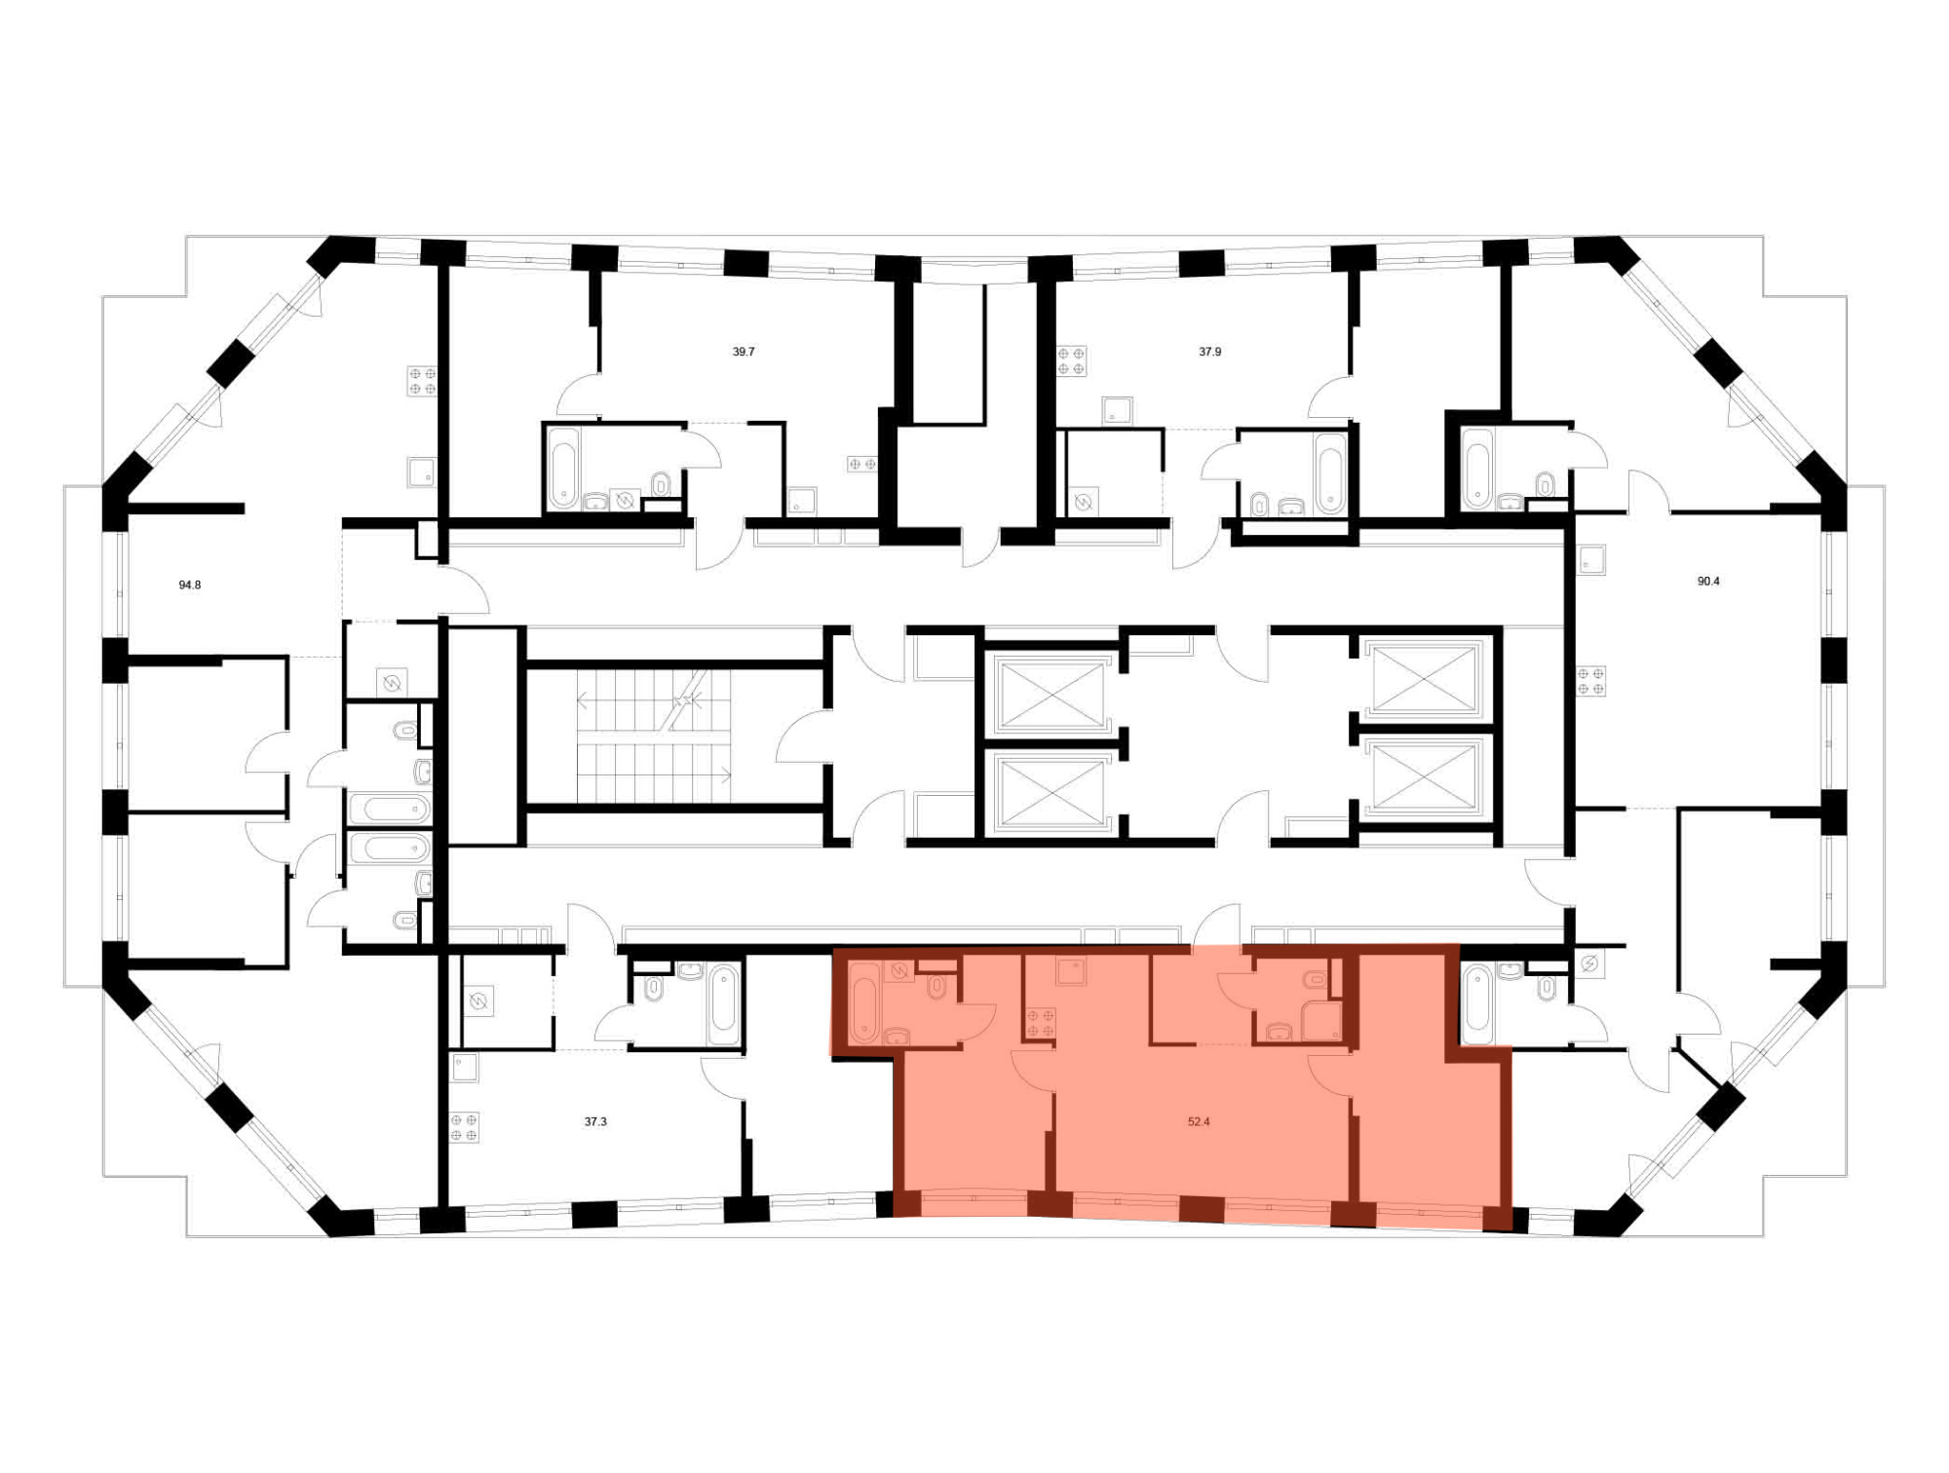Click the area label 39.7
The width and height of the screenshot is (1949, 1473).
tap(744, 352)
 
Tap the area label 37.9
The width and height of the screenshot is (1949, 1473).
tap(1209, 352)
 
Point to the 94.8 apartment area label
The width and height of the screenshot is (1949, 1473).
tap(190, 585)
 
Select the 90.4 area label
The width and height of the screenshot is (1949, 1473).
tap(1708, 582)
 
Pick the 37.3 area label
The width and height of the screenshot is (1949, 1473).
tap(595, 1121)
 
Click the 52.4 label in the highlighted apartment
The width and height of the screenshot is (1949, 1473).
tap(1199, 1121)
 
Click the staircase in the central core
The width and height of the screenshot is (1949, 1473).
tap(653, 736)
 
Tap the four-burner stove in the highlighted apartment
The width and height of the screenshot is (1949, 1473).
tap(1040, 1023)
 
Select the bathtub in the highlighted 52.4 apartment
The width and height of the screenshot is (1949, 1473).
tap(864, 1001)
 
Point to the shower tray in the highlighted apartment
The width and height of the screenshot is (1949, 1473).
tap(1320, 1021)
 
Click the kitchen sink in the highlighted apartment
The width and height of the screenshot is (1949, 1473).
tap(1071, 971)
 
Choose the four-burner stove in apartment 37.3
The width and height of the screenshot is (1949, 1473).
tap(464, 1128)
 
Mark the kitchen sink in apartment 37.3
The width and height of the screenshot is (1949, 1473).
tap(465, 1068)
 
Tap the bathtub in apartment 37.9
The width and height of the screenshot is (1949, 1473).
tap(1330, 473)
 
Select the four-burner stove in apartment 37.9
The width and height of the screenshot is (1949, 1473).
tap(1072, 360)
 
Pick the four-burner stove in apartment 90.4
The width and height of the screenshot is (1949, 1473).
tap(1591, 681)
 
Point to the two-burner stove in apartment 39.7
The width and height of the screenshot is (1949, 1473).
tap(861, 465)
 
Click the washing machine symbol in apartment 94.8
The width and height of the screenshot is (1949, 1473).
tap(393, 683)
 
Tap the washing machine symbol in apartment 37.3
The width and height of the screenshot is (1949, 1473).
tap(478, 1001)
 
